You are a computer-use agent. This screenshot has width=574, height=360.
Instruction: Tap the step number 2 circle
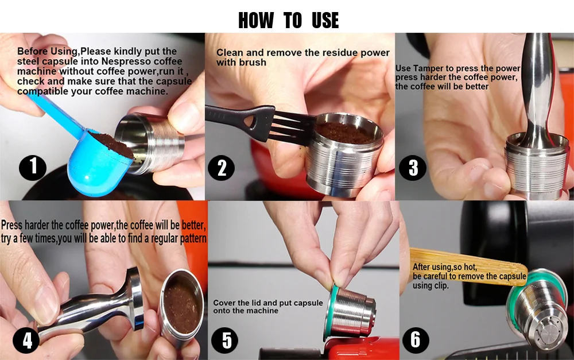(x=222, y=168)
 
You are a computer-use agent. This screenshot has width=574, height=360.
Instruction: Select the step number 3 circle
(x=413, y=168)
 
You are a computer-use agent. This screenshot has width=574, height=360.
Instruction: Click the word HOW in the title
(x=256, y=21)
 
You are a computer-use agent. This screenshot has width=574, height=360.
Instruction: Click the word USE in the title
(x=325, y=21)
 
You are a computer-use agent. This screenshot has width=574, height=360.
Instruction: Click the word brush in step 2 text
(x=253, y=62)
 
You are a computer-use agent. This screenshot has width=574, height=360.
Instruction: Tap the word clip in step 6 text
(x=457, y=285)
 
